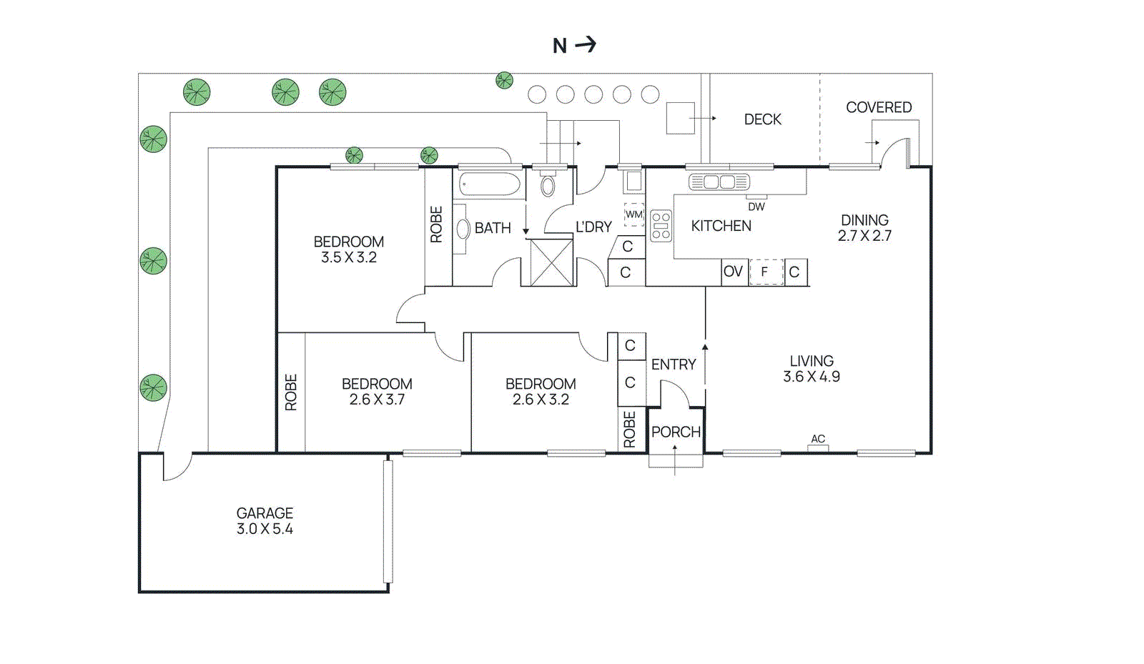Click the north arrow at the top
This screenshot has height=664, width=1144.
(586, 45)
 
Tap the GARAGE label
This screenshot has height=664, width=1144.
(265, 513)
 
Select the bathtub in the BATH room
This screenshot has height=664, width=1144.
(490, 184)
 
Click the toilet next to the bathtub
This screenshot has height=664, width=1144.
(548, 185)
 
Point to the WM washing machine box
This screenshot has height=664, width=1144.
(633, 214)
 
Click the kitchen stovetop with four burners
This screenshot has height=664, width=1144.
(661, 226)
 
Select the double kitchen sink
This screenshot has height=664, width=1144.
(719, 182)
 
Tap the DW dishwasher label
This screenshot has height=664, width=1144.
(756, 207)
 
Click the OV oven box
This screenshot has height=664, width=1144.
(734, 272)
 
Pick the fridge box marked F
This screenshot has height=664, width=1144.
(765, 272)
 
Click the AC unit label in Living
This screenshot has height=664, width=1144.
(818, 439)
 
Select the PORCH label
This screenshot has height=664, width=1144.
(676, 432)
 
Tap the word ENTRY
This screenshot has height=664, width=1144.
(673, 365)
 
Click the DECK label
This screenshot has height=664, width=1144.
(762, 119)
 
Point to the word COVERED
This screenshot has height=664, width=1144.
(879, 107)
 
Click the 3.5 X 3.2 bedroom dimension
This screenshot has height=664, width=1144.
(348, 257)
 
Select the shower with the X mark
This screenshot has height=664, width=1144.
(551, 263)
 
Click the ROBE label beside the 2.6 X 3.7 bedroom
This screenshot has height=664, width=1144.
(290, 392)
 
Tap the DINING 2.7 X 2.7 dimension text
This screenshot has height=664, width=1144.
(864, 236)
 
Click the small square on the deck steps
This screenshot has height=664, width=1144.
(680, 118)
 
